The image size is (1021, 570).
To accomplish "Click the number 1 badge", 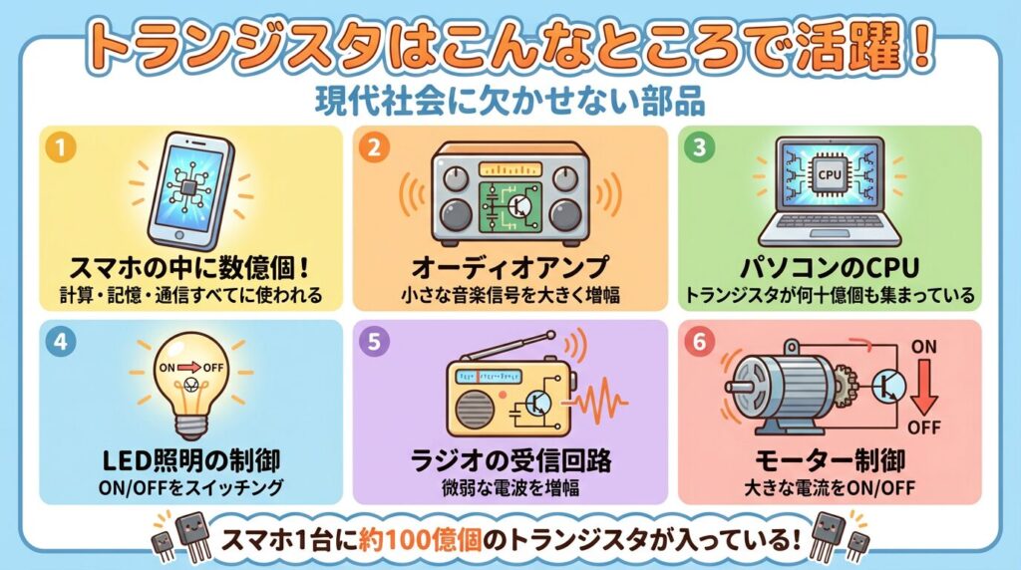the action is [x=61, y=147].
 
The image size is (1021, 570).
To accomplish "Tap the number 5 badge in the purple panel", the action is [x=374, y=342].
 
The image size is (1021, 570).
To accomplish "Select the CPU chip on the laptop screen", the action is [x=829, y=174].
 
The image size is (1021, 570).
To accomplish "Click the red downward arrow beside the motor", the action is [x=923, y=387].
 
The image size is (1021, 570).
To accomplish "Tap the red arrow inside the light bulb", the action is [x=189, y=368].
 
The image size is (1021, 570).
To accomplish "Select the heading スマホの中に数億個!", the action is [x=189, y=267].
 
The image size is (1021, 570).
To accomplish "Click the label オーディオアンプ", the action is [x=510, y=267].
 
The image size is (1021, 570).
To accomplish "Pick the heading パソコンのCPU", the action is [x=830, y=267].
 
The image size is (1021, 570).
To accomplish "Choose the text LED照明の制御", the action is [x=190, y=461].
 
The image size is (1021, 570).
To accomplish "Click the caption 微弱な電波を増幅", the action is [x=510, y=488].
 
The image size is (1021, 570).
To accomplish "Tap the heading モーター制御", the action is [x=830, y=461].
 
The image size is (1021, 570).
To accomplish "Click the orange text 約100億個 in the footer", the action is [x=420, y=540].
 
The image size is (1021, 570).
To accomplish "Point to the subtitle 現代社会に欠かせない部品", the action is [x=510, y=102].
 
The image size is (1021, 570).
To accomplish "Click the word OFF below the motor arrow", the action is [x=924, y=427].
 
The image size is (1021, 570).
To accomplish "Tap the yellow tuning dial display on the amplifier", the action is [x=510, y=170].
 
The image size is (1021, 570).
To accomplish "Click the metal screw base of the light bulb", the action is [x=190, y=426].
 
